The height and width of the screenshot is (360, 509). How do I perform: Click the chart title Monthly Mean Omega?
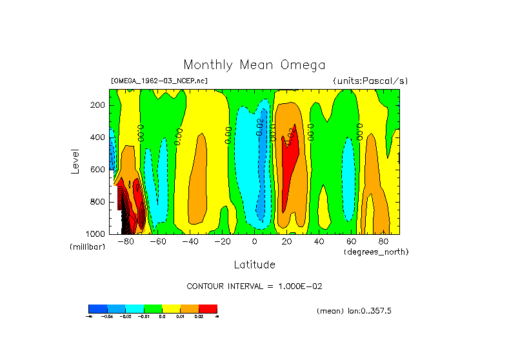[x=254, y=65]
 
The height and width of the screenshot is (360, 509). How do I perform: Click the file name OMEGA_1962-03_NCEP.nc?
[x=159, y=81]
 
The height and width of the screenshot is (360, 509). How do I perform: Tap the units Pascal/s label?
[x=370, y=81]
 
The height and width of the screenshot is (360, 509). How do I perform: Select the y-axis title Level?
[x=77, y=161]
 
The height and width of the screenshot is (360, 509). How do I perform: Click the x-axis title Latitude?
[x=254, y=265]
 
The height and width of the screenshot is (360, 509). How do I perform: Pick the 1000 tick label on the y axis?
[x=96, y=234]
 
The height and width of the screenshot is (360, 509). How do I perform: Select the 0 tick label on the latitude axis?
[x=254, y=242]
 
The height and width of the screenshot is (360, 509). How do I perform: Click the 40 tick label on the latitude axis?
[x=319, y=242]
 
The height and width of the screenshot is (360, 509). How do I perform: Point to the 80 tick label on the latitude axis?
[x=383, y=242]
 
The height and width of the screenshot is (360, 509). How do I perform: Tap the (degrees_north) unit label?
[x=376, y=251]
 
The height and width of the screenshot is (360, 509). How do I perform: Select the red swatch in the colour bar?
[x=208, y=308]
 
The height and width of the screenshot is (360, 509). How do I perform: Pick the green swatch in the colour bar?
[x=152, y=308]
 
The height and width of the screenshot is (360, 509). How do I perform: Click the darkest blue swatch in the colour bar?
[x=97, y=308]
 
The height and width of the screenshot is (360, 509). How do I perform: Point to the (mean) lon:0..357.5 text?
[x=354, y=311]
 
